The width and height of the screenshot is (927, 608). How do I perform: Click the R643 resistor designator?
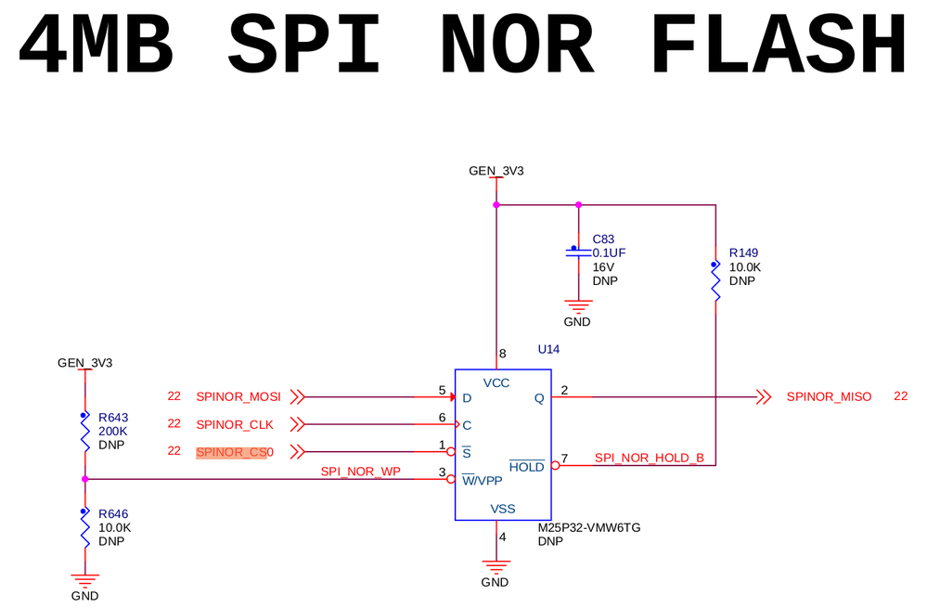tap(113, 417)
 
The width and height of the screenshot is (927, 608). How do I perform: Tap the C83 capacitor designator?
tap(604, 239)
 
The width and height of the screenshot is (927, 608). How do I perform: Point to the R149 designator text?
tap(744, 252)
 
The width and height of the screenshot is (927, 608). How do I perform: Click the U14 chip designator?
tap(549, 349)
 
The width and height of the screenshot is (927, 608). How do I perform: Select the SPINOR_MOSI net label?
tap(238, 396)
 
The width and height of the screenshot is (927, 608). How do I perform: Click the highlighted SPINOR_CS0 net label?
tap(234, 452)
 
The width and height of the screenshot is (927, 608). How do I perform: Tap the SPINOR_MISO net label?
tap(829, 396)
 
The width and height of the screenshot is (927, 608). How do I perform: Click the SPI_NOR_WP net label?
tap(360, 472)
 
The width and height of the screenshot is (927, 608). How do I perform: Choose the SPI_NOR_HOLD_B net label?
tap(649, 458)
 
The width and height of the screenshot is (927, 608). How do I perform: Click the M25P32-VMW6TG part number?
tap(589, 527)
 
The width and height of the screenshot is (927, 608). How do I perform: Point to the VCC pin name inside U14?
tap(496, 382)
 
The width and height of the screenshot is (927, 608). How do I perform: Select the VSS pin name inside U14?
tap(502, 509)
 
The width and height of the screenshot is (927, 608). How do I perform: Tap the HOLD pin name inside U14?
tap(526, 467)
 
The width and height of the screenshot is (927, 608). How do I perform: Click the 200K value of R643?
tap(112, 431)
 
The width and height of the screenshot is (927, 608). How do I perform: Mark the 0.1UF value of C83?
tap(610, 252)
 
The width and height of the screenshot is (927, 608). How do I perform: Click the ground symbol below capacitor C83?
tap(578, 305)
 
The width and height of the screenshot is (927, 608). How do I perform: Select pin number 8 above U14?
tap(503, 354)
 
